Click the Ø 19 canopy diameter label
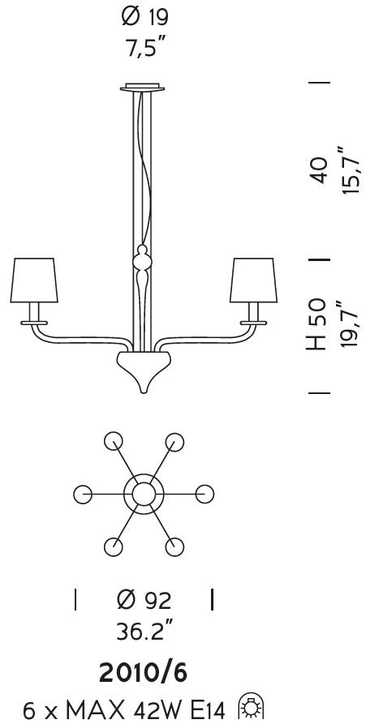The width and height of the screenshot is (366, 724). pyautogui.click(x=144, y=18)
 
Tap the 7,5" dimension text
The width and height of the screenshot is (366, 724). pyautogui.click(x=145, y=47)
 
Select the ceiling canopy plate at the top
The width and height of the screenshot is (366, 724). pyautogui.click(x=142, y=88)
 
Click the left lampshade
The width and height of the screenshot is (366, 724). pyautogui.click(x=34, y=280)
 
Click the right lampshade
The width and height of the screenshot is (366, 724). pyautogui.click(x=253, y=280)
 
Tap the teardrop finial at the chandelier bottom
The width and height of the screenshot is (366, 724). pyautogui.click(x=144, y=371)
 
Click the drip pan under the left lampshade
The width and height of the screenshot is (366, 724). pyautogui.click(x=34, y=323)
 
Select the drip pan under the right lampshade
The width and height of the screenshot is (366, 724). pyautogui.click(x=253, y=323)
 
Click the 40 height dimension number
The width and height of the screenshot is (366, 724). pyautogui.click(x=319, y=170)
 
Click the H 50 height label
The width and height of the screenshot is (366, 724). pyautogui.click(x=318, y=324)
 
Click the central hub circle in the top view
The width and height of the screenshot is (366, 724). pyautogui.click(x=144, y=494)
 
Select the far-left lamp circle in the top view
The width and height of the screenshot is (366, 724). pyautogui.click(x=83, y=495)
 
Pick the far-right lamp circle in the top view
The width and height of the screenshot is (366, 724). pyautogui.click(x=205, y=495)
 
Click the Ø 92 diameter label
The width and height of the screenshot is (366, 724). pyautogui.click(x=144, y=600)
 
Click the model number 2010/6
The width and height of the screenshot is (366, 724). pyautogui.click(x=144, y=674)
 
